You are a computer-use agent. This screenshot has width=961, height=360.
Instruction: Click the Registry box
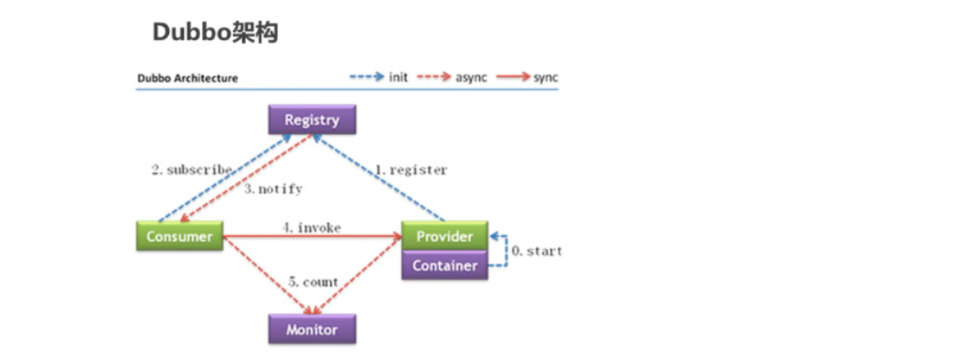(312, 121)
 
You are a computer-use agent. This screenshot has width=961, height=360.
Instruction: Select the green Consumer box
(180, 236)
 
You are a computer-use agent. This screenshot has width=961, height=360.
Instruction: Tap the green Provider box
(445, 236)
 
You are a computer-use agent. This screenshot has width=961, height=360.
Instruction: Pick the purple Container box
(445, 265)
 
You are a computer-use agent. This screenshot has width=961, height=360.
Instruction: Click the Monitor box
(312, 329)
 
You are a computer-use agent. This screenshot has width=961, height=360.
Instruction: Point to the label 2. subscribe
(192, 170)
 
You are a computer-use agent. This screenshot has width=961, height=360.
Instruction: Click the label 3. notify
(273, 190)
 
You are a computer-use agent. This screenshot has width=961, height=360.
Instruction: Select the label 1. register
(411, 170)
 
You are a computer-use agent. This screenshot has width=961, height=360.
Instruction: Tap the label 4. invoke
(311, 228)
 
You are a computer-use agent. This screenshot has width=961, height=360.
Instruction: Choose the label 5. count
(313, 282)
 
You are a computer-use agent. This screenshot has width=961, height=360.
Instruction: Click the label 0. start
(536, 251)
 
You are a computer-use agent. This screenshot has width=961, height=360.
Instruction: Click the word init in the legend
(398, 77)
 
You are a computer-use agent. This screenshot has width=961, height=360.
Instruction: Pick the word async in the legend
(471, 77)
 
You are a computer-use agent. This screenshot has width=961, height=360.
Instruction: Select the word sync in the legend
(546, 77)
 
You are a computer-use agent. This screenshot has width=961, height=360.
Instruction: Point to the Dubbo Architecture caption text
(188, 78)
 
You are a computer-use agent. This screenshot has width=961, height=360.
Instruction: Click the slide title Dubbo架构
(215, 33)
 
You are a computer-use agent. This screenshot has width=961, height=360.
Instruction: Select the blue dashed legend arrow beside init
(366, 77)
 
